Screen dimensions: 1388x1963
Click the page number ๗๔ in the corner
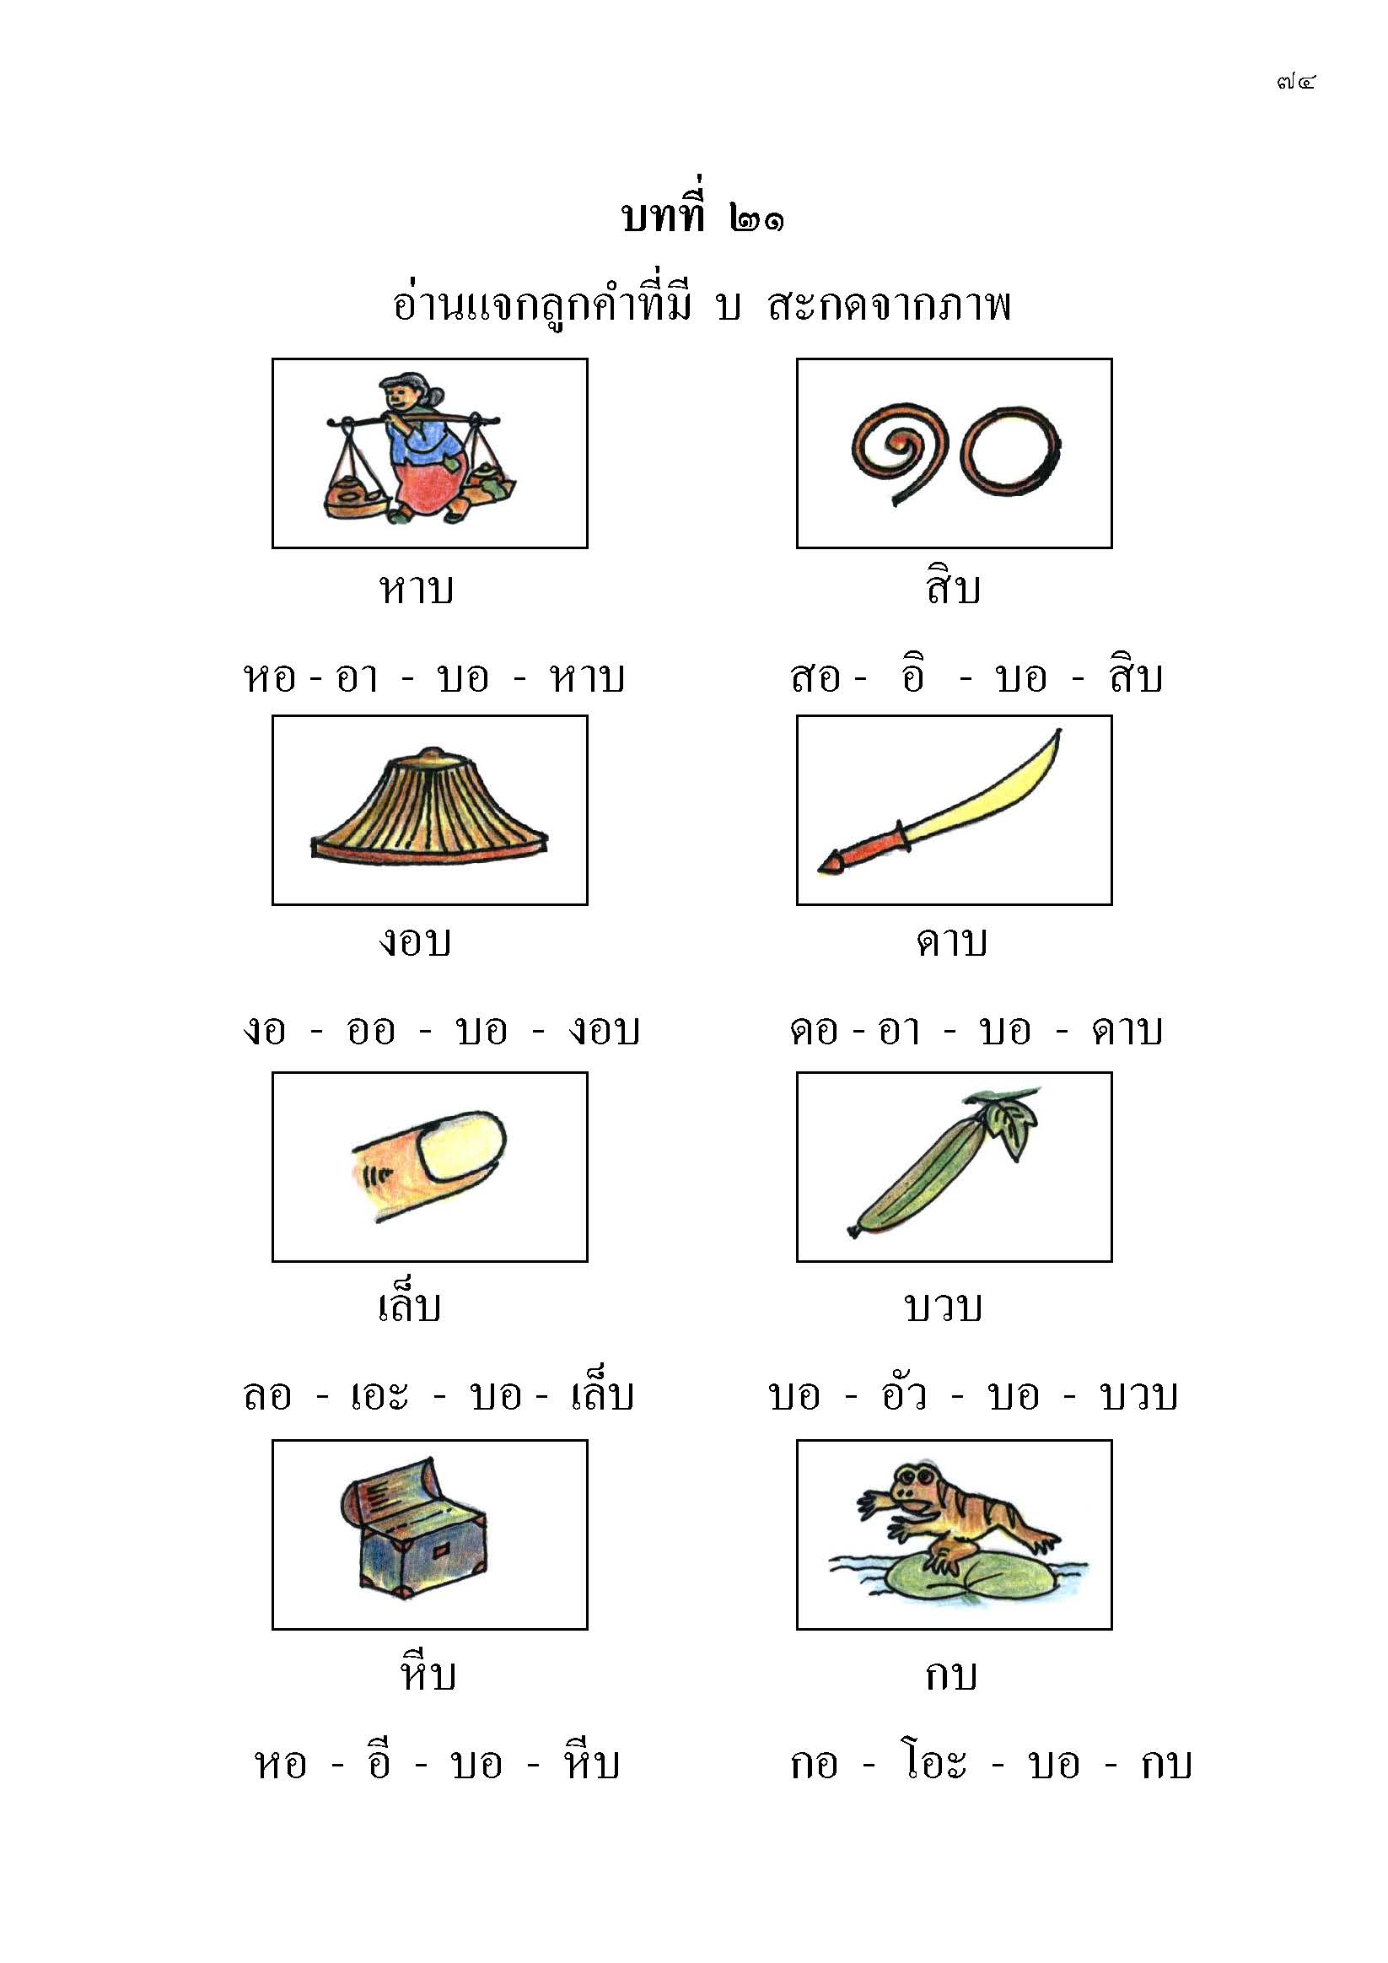click(x=1296, y=82)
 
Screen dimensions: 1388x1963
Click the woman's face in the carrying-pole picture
click(x=401, y=396)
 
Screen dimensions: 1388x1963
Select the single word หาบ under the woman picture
click(x=417, y=590)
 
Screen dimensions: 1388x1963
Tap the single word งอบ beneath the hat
click(x=416, y=942)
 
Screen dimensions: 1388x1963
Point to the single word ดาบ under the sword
click(x=952, y=942)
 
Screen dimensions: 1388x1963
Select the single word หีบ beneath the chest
click(x=428, y=1669)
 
